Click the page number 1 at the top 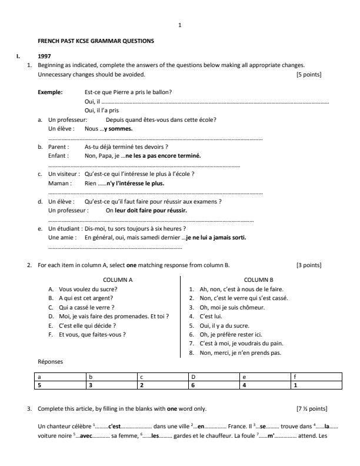coord(180,25)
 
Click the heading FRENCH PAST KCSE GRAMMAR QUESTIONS coord(95,41)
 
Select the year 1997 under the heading coord(44,57)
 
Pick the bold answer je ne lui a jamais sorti coord(216,237)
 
